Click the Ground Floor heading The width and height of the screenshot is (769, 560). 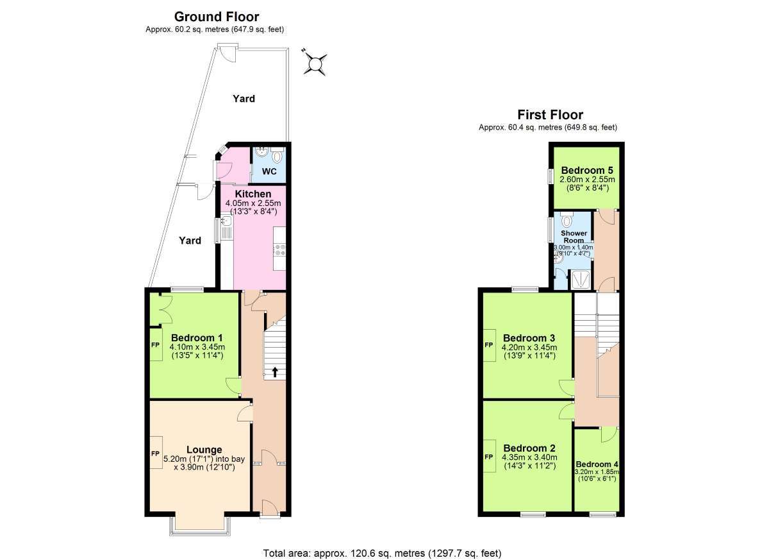point(217,17)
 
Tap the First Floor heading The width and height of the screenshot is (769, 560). point(550,114)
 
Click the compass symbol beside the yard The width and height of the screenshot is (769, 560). point(315,64)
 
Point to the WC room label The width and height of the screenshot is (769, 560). point(269,171)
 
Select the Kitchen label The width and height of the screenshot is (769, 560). point(253,194)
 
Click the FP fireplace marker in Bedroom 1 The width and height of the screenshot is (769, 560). point(156,344)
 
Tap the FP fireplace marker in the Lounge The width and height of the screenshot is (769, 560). point(156,454)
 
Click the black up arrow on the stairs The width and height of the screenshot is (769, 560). point(275,372)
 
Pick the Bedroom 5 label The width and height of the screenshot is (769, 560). point(587,171)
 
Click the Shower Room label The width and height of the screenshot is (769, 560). point(574,237)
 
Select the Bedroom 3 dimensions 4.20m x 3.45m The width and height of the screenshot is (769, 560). point(529,347)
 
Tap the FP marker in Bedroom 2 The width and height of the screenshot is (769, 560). point(488,457)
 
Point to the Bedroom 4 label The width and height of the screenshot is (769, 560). point(597,464)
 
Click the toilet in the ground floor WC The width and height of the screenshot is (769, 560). point(276,156)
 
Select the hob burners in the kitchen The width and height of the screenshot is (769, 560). point(279,250)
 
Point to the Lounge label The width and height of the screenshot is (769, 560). point(204,450)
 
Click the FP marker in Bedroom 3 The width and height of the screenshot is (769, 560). point(488,345)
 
